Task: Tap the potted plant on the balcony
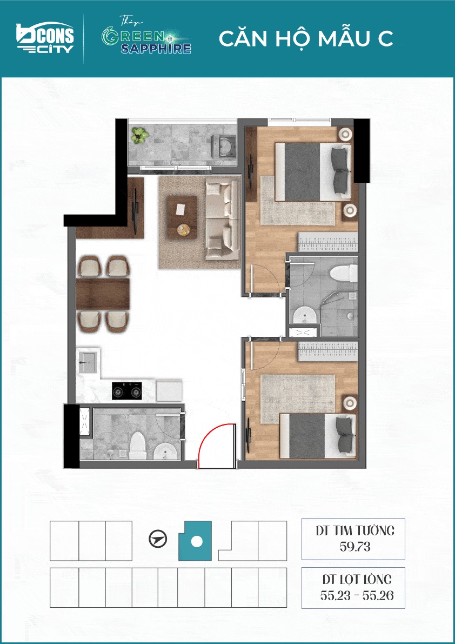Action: pyautogui.click(x=139, y=135)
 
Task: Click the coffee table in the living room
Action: pyautogui.click(x=182, y=217)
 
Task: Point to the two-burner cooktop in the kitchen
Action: pyautogui.click(x=127, y=391)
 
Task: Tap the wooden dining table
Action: pyautogui.click(x=103, y=294)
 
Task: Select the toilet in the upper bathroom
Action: pyautogui.click(x=344, y=273)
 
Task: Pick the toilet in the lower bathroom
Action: pyautogui.click(x=137, y=446)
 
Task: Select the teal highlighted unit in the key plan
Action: pyautogui.click(x=195, y=541)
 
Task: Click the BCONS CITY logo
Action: pyautogui.click(x=45, y=38)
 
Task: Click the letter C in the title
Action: pyautogui.click(x=385, y=38)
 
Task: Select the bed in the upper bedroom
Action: pyautogui.click(x=313, y=171)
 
